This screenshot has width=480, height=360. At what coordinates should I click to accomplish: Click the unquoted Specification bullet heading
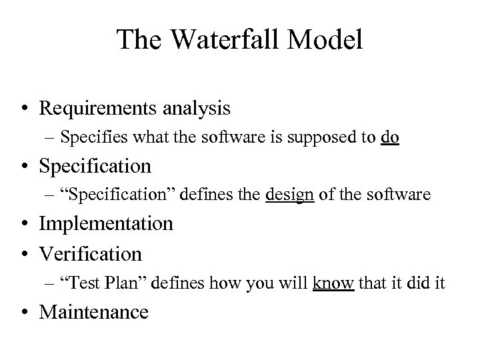tap(95, 165)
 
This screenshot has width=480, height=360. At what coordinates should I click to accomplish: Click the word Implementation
tap(106, 223)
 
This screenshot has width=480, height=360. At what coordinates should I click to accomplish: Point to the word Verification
tap(91, 253)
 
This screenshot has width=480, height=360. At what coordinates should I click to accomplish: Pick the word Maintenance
tap(94, 311)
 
